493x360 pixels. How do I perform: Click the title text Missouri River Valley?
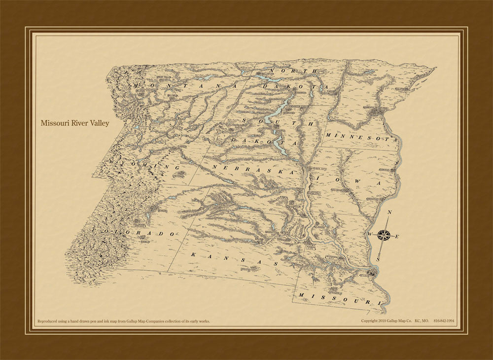(x=75, y=123)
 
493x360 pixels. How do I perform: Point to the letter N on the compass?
(x=389, y=213)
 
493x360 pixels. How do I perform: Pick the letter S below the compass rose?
(x=378, y=258)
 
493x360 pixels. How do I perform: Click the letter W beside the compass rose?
(x=369, y=233)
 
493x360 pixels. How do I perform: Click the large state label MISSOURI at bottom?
(x=338, y=298)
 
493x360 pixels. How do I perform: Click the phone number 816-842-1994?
(x=444, y=321)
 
